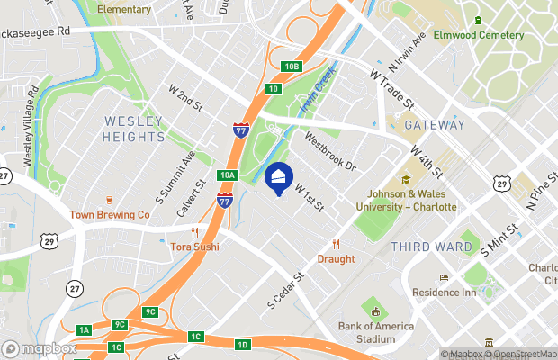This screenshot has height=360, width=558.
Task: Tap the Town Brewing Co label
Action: pyautogui.click(x=110, y=215)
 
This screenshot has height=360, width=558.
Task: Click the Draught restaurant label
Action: pyautogui.click(x=336, y=258)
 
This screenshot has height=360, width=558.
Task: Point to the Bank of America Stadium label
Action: pyautogui.click(x=366, y=332)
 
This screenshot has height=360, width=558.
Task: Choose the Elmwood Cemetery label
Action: pyautogui.click(x=478, y=35)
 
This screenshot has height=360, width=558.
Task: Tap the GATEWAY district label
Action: pyautogui.click(x=435, y=125)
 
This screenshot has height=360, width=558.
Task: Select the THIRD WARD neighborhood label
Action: pyautogui.click(x=431, y=246)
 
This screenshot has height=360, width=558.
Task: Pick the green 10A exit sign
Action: pyautogui.click(x=226, y=175)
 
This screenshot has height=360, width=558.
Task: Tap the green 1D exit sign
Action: pyautogui.click(x=242, y=345)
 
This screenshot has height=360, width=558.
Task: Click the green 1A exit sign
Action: pyautogui.click(x=84, y=330)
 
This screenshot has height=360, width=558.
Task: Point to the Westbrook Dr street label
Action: pyautogui.click(x=330, y=154)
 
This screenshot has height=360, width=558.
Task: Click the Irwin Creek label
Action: pyautogui.click(x=317, y=90)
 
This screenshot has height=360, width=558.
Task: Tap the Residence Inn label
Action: pyautogui.click(x=443, y=292)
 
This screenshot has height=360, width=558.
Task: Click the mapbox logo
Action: pyautogui.click(x=40, y=348)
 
